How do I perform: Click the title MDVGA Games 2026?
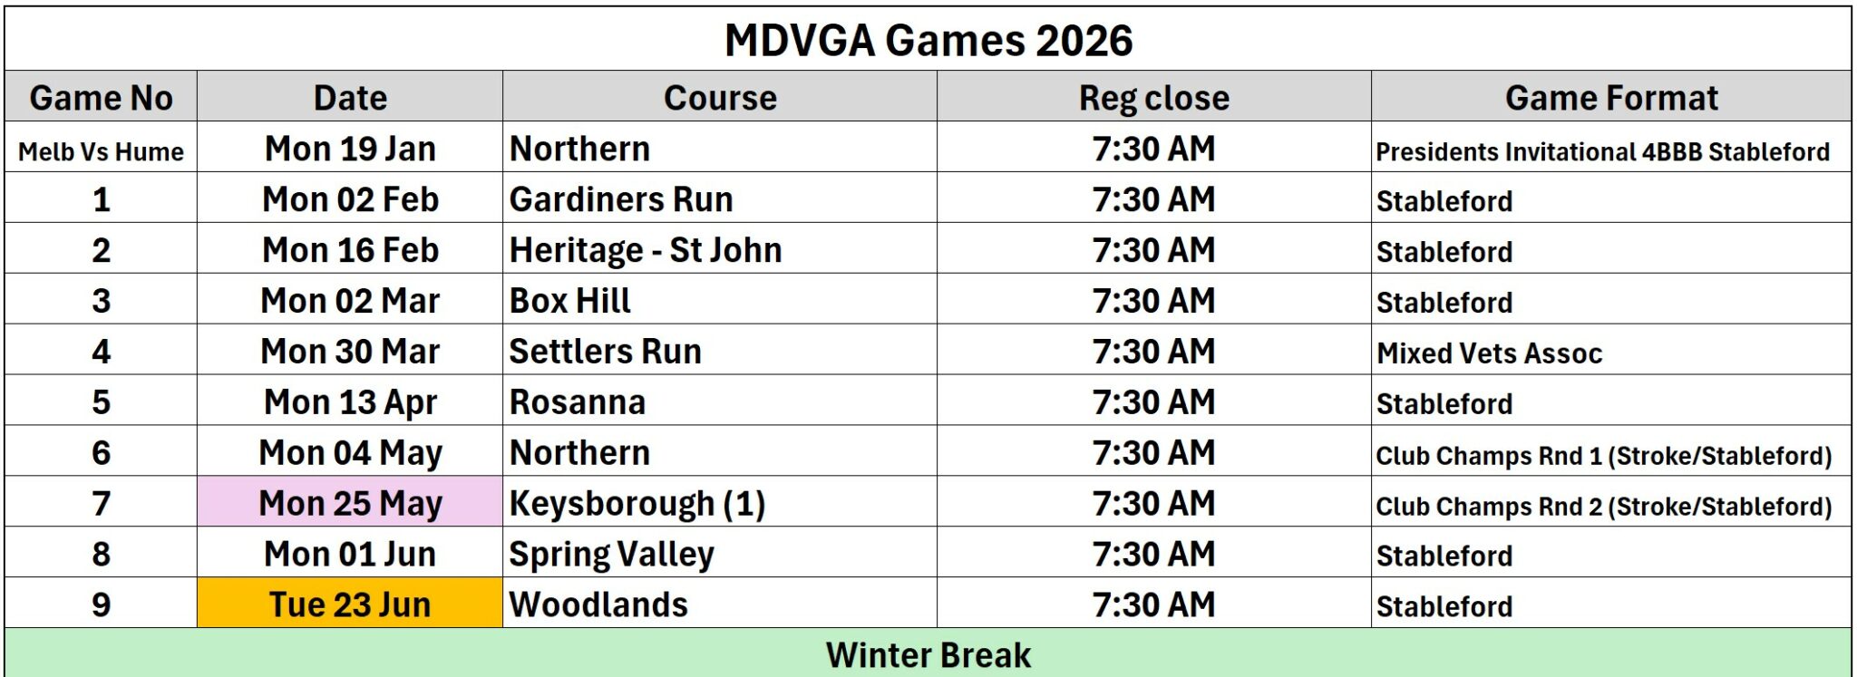(928, 40)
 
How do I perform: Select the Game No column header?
(101, 98)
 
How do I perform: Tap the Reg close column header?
(1153, 98)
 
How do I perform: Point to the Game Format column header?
(1611, 98)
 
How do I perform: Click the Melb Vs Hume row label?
(101, 151)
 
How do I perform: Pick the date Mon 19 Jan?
(350, 149)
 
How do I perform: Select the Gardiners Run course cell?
(621, 199)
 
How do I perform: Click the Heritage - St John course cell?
(646, 250)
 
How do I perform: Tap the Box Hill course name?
(570, 301)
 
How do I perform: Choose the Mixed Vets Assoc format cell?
(1489, 353)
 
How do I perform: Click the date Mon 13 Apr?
(350, 402)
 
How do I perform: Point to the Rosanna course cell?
(578, 402)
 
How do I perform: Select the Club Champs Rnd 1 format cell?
(1603, 455)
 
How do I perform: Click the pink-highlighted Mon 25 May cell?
(350, 503)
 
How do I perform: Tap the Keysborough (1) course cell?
(637, 504)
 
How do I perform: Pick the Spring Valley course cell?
(612, 555)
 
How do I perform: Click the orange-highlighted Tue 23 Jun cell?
(350, 604)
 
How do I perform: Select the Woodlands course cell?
(598, 604)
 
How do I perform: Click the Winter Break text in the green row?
(928, 655)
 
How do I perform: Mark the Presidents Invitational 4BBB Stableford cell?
(1602, 151)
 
